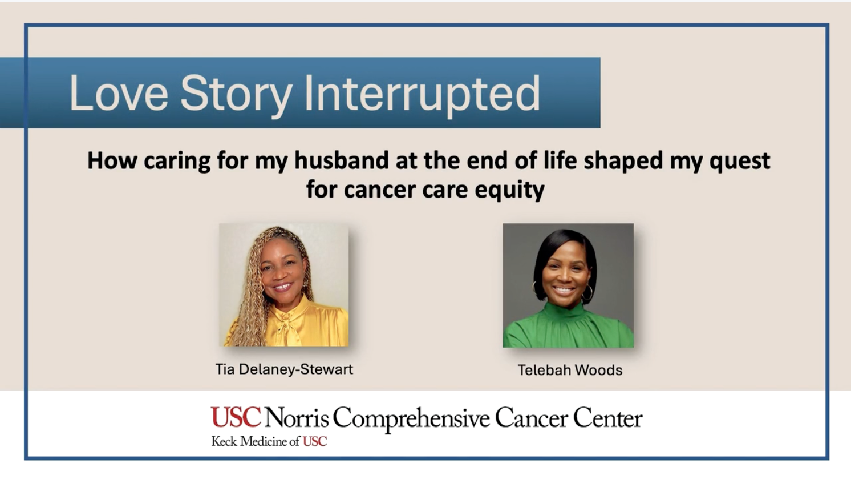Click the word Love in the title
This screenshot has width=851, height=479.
click(x=119, y=92)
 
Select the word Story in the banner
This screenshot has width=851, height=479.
click(x=236, y=95)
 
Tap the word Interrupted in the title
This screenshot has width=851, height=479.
click(x=422, y=95)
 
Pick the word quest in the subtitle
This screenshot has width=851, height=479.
click(x=740, y=162)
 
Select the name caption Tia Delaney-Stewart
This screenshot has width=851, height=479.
click(x=284, y=369)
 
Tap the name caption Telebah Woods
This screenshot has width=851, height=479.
click(x=570, y=371)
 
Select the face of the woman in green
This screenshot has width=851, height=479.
click(x=565, y=276)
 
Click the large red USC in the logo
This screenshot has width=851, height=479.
click(x=236, y=417)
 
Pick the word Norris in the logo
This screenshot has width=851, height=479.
click(x=297, y=417)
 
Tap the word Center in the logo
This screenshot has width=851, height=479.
click(x=608, y=417)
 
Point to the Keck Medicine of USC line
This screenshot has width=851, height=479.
click(x=269, y=441)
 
